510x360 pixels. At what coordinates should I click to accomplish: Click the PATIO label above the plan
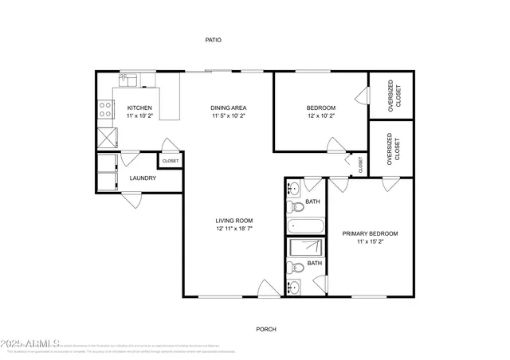tap(213, 39)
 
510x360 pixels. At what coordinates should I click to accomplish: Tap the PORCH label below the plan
tap(265, 329)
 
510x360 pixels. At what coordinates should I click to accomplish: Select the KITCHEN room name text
tap(139, 108)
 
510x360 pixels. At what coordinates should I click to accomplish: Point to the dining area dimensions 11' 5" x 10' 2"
tap(229, 116)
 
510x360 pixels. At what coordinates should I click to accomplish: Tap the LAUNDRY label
tap(143, 178)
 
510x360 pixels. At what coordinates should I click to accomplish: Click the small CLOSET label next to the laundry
tap(171, 161)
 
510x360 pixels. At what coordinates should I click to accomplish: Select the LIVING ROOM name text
tap(233, 221)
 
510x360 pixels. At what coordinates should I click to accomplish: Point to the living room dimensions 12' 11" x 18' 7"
tap(233, 229)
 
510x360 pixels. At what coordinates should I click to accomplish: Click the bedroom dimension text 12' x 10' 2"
tap(321, 116)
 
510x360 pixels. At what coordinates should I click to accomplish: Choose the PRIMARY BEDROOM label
tap(370, 233)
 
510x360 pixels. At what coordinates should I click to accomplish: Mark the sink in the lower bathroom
tap(293, 285)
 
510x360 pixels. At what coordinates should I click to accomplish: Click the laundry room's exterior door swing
tap(131, 202)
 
